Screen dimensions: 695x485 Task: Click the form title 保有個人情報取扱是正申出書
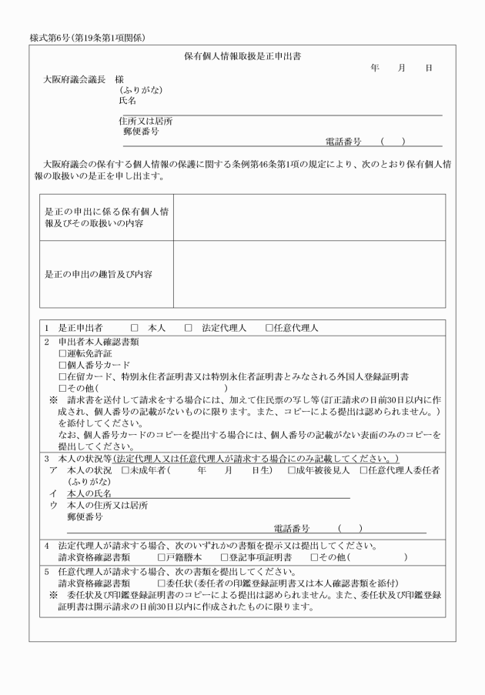pyautogui.click(x=242, y=56)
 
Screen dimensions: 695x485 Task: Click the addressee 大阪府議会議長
pyautogui.click(x=74, y=79)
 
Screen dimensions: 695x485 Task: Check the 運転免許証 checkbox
pyautogui.click(x=63, y=353)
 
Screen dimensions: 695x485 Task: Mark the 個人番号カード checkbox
pyautogui.click(x=63, y=364)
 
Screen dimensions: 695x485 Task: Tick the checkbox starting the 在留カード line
pyautogui.click(x=63, y=376)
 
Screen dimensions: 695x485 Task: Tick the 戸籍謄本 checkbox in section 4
pyautogui.click(x=162, y=556)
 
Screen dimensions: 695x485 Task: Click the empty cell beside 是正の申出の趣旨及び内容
pyautogui.click(x=308, y=273)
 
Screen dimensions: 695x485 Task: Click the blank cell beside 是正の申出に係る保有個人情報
pyautogui.click(x=308, y=217)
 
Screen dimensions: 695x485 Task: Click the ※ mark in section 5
pyautogui.click(x=54, y=595)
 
